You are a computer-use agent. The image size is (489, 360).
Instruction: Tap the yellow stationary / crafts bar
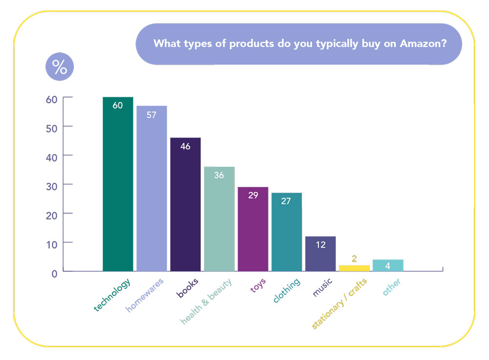pyautogui.click(x=354, y=268)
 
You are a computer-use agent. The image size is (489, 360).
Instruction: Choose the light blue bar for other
pyautogui.click(x=388, y=265)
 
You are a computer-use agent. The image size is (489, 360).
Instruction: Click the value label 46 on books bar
pyautogui.click(x=185, y=146)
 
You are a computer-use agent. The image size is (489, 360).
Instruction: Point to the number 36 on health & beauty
pyautogui.click(x=219, y=175)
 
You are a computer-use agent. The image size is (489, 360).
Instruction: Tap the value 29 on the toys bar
pyautogui.click(x=252, y=195)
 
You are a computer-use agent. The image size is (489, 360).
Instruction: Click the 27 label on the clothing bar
pyautogui.click(x=286, y=201)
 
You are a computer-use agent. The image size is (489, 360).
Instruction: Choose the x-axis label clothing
pyautogui.click(x=287, y=291)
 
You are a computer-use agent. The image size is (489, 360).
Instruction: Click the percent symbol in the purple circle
pyautogui.click(x=60, y=67)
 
